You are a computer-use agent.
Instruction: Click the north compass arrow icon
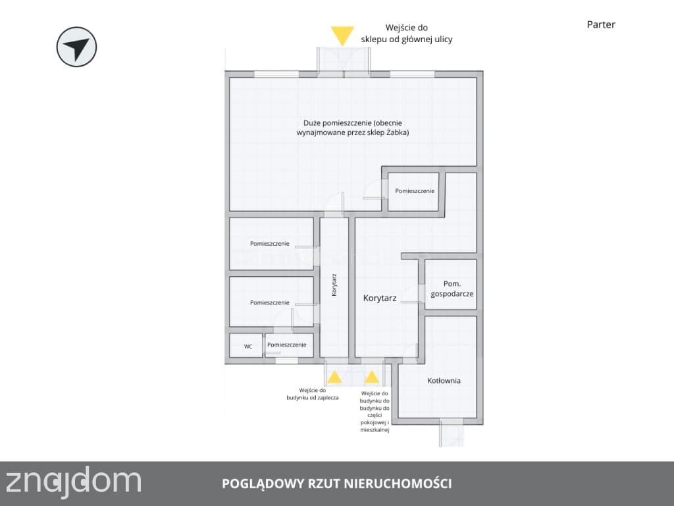(76, 47)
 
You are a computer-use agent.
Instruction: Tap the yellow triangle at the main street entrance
(342, 36)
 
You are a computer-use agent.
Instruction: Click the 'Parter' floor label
(601, 24)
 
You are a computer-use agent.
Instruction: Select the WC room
(246, 345)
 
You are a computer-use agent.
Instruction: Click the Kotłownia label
(444, 380)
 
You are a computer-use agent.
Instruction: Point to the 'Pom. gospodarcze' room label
(452, 289)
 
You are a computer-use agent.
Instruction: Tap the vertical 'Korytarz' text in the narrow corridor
(334, 285)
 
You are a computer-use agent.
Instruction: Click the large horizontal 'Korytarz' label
(380, 298)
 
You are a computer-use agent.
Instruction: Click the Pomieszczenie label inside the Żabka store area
(415, 190)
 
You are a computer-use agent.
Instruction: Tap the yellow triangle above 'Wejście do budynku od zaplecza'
(334, 378)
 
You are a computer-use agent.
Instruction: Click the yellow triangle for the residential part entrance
(372, 378)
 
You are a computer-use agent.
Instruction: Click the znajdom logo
(73, 482)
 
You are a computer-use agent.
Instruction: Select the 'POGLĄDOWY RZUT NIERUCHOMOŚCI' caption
(336, 484)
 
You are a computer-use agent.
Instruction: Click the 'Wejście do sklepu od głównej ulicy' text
(407, 34)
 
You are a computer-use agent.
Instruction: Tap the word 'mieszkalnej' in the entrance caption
(375, 430)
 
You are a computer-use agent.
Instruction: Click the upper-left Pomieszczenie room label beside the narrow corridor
(269, 244)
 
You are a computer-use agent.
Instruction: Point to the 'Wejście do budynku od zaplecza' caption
(313, 394)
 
